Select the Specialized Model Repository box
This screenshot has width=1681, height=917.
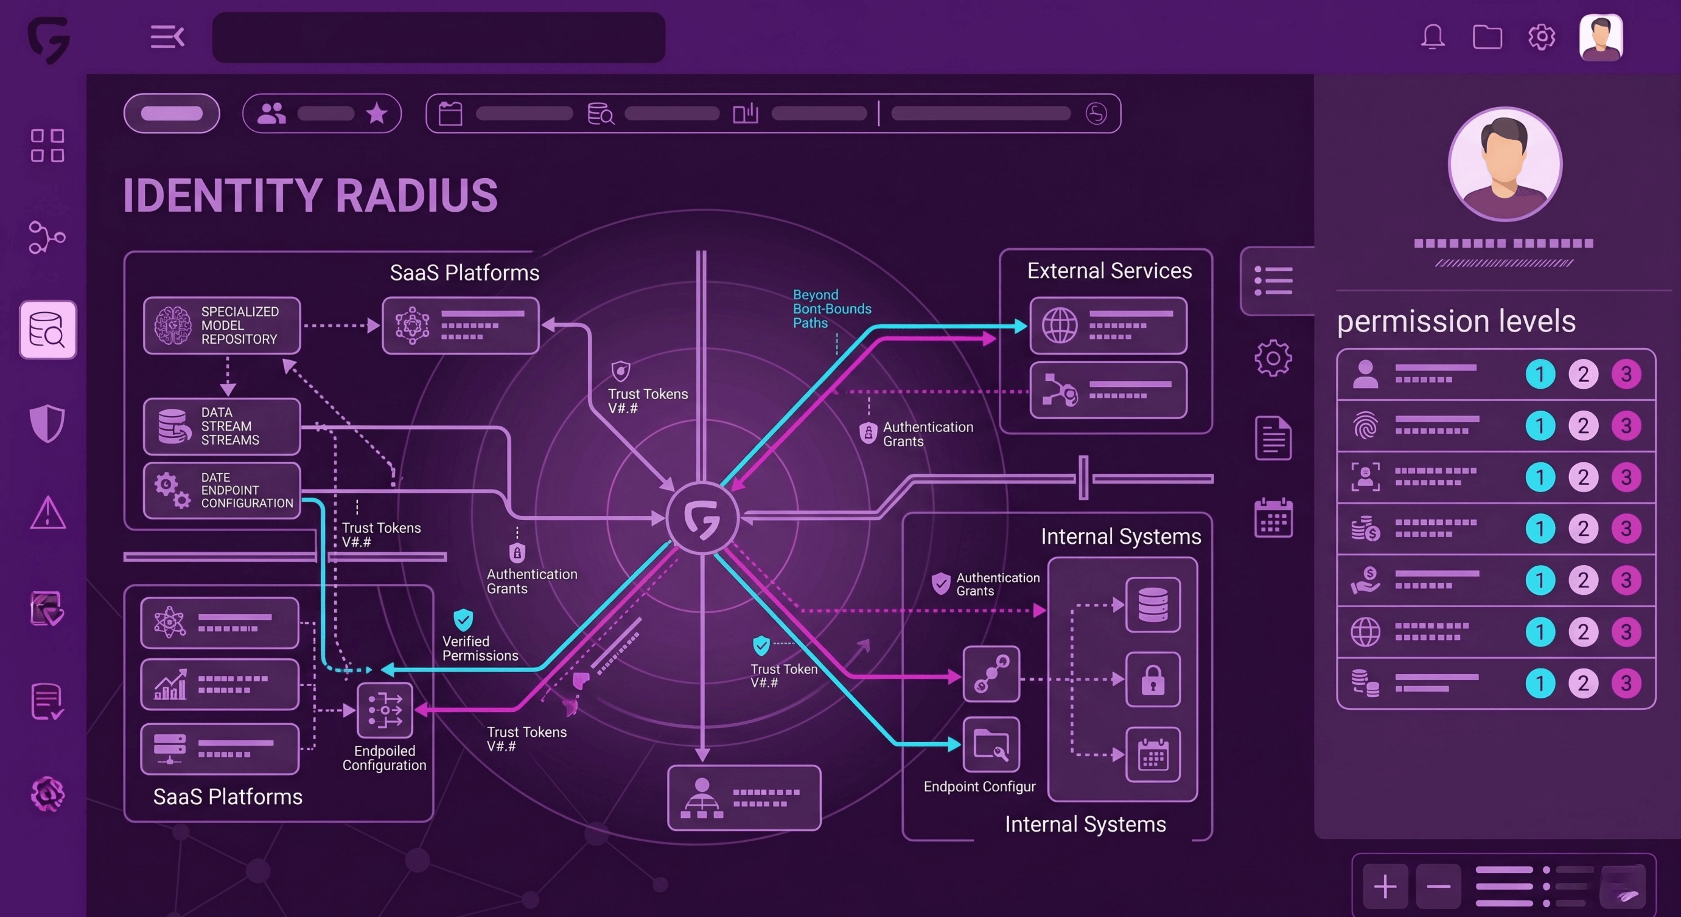(222, 325)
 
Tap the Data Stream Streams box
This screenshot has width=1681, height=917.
(222, 426)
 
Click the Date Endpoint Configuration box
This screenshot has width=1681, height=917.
(222, 490)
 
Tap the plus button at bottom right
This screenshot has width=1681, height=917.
(1385, 886)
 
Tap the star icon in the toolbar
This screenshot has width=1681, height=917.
(376, 114)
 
